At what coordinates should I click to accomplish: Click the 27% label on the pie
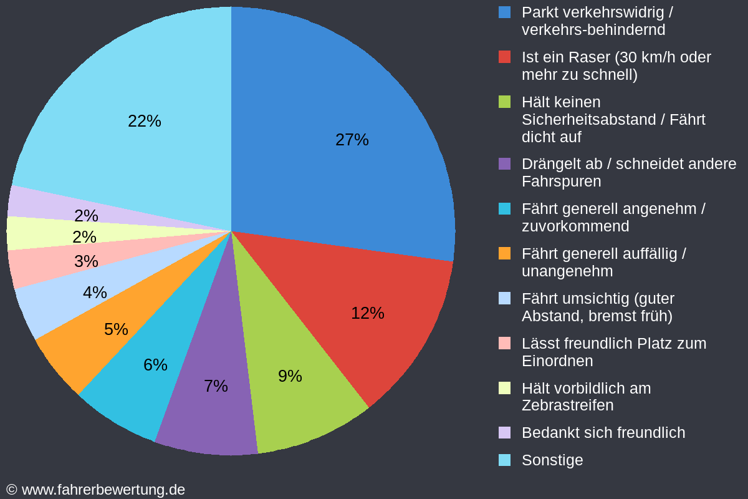tap(352, 140)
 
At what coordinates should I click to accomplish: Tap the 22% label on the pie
tap(144, 121)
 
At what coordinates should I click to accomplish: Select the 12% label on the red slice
tap(367, 313)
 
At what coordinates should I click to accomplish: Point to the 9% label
tap(290, 376)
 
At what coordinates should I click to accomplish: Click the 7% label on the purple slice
tap(216, 386)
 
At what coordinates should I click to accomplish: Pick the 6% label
tap(155, 365)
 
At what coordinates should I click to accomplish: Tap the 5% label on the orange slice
tap(116, 329)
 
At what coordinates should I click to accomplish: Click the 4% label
tap(95, 293)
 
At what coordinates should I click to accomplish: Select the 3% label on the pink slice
tap(86, 261)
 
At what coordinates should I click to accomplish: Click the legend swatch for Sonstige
tap(505, 460)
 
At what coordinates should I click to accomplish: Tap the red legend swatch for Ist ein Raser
tap(505, 57)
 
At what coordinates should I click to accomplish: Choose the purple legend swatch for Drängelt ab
tap(505, 163)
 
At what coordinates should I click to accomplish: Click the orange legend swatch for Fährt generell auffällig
tap(505, 253)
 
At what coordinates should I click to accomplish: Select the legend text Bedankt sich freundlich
tap(603, 433)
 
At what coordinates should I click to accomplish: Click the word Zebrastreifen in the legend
tap(567, 405)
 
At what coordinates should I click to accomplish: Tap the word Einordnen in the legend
tap(557, 361)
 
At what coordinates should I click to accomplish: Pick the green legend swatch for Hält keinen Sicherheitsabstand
tap(505, 102)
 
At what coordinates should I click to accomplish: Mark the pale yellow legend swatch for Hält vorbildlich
tap(505, 388)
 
